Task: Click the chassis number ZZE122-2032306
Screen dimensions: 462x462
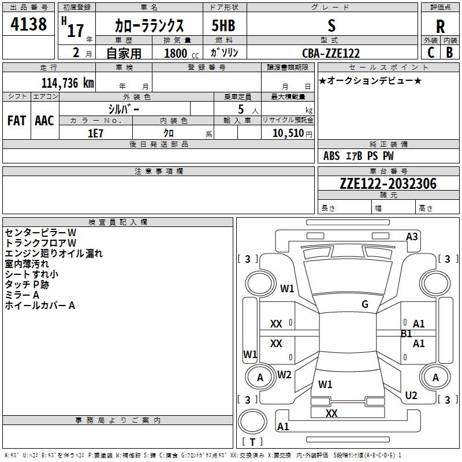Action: tap(388, 184)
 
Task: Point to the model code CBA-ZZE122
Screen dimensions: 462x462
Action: tap(331, 53)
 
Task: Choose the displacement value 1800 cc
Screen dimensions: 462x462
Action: tap(178, 53)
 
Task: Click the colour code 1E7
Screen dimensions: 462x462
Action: tap(95, 132)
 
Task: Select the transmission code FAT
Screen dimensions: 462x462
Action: tap(16, 121)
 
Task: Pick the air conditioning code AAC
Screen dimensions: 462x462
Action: tap(44, 121)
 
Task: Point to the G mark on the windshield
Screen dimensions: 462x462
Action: tap(365, 304)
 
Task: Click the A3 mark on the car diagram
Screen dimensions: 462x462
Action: tap(412, 236)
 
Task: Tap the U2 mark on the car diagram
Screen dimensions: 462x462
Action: tap(411, 395)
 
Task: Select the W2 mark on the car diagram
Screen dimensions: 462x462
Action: tap(284, 374)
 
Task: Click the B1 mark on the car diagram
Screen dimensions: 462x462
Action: tap(406, 333)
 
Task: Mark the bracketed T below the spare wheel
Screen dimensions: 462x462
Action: tap(252, 443)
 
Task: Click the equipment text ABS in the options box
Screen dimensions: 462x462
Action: tap(331, 156)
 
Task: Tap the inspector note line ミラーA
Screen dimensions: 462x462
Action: tap(22, 295)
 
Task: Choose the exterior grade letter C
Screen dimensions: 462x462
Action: tap(430, 53)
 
